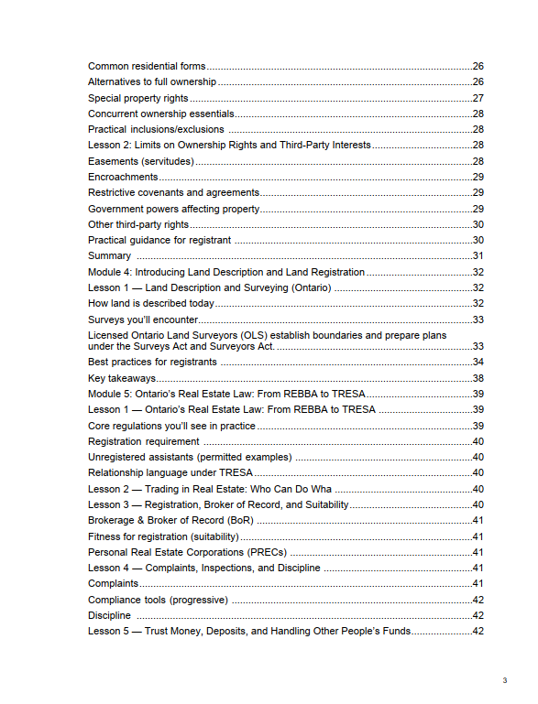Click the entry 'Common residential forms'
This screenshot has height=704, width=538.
(x=147, y=66)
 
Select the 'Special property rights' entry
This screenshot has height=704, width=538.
(x=138, y=98)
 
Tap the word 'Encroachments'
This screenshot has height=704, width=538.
(x=123, y=177)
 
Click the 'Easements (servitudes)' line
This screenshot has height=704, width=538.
(x=141, y=161)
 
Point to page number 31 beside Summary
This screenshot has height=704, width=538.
(x=478, y=255)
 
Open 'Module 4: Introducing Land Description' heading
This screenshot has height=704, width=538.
(x=226, y=272)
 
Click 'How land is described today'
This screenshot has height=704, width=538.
(x=151, y=303)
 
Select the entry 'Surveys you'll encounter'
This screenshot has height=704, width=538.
(x=143, y=320)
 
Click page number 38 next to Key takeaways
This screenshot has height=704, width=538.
(x=478, y=378)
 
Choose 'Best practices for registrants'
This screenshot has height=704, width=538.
(x=152, y=362)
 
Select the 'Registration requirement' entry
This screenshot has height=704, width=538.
(x=143, y=441)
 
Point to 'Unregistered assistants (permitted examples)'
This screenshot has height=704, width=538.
(x=190, y=457)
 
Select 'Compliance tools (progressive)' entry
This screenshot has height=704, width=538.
(x=158, y=600)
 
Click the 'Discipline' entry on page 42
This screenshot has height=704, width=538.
(x=109, y=615)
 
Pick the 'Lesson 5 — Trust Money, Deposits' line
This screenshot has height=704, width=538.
(x=248, y=632)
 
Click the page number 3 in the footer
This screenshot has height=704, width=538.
(x=504, y=680)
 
